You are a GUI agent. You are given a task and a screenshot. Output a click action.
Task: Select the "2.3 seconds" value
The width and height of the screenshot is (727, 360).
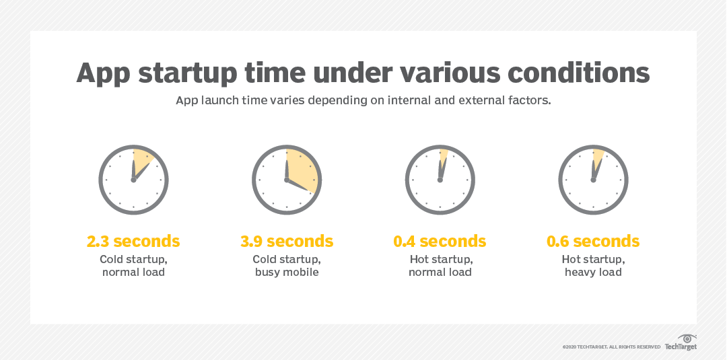click(133, 241)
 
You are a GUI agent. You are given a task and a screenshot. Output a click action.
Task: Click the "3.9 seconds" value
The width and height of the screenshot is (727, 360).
click(287, 241)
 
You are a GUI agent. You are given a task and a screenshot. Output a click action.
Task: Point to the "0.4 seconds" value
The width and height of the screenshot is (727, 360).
click(440, 241)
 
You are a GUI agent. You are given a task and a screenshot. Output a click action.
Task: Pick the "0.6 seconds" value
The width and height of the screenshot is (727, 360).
click(593, 241)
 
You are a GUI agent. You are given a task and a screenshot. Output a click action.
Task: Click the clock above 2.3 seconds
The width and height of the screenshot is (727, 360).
click(133, 178)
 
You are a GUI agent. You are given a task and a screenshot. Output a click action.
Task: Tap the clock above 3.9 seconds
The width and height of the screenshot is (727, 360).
click(287, 178)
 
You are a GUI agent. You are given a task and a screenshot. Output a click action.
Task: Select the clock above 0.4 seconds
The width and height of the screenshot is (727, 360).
click(440, 178)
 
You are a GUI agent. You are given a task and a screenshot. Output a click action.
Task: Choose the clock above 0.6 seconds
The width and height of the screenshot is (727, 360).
click(593, 178)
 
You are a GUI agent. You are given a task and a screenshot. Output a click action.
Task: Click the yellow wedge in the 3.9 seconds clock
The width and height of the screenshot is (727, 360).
click(302, 168)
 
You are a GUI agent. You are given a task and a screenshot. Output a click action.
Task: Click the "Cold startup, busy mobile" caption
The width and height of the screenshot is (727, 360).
click(287, 265)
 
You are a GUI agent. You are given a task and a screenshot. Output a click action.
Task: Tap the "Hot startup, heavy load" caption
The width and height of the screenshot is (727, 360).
click(593, 265)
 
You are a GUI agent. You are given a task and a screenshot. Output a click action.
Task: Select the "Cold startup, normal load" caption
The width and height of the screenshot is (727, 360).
click(133, 265)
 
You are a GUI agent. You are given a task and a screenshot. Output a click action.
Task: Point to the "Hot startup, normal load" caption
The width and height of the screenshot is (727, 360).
click(440, 265)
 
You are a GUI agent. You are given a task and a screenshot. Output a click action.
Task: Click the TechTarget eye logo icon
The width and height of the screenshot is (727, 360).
click(686, 338)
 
